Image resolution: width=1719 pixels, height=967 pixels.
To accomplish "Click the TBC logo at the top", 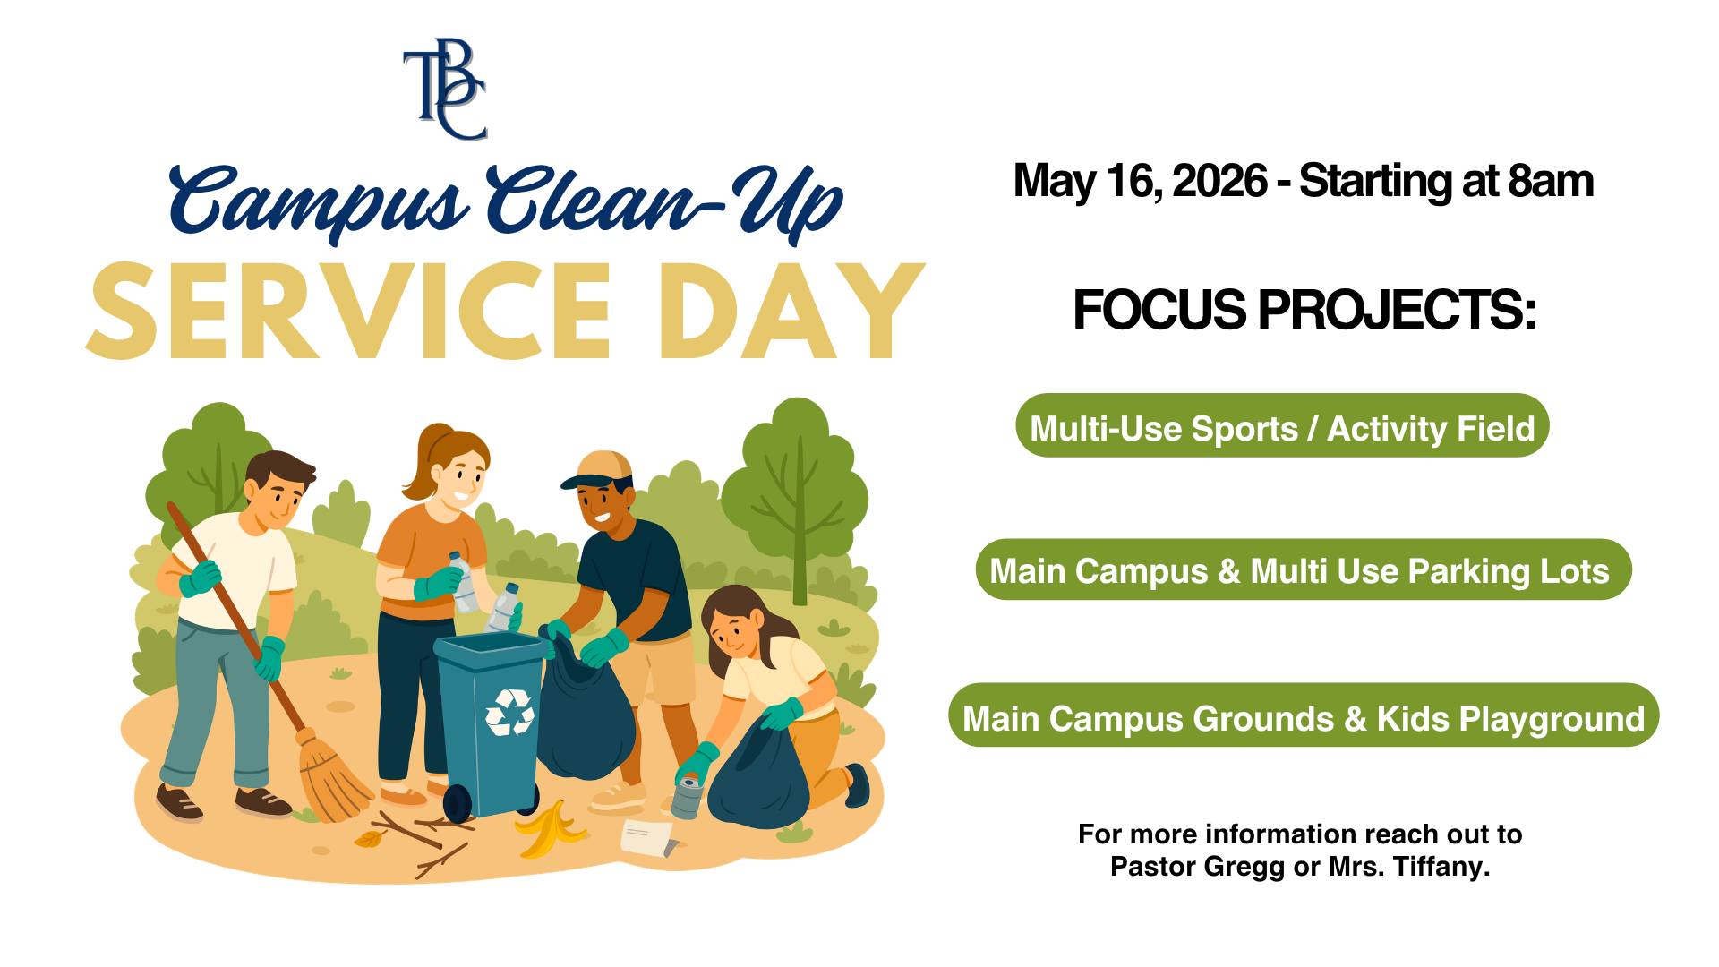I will click(445, 90).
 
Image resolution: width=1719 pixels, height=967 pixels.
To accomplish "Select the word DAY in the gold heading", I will click(791, 312).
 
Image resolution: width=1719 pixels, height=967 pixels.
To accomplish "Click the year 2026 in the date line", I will click(1219, 182).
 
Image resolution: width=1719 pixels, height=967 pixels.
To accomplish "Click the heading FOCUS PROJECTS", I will click(1304, 310).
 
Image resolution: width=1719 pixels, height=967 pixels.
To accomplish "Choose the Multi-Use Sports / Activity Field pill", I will click(1282, 427).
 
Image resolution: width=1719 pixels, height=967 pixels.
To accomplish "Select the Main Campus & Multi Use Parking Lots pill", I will click(1303, 570).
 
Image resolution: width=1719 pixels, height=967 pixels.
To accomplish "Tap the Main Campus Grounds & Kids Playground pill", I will click(1303, 716).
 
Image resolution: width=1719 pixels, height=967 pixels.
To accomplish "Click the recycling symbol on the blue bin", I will click(509, 712).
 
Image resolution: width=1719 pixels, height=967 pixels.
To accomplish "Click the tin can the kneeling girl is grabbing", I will click(688, 797).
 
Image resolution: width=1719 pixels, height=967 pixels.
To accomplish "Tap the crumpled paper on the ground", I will click(647, 837).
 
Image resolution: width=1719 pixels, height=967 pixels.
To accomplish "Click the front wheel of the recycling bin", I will click(458, 803).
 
